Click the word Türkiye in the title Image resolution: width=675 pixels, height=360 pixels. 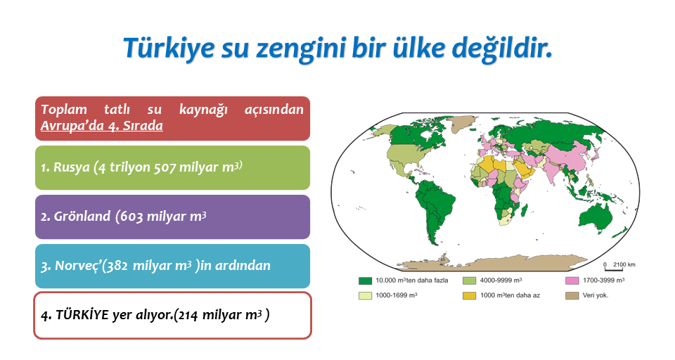click(169, 48)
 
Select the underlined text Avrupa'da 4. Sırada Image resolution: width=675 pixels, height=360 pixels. click(101, 126)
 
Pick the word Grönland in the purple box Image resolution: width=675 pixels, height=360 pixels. click(82, 216)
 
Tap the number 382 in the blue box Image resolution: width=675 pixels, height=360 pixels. click(117, 266)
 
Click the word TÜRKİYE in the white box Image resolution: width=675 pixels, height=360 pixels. click(82, 315)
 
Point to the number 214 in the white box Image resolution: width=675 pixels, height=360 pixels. click(188, 315)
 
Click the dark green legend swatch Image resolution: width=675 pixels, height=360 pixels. click(365, 281)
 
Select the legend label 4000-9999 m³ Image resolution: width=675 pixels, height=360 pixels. click(501, 281)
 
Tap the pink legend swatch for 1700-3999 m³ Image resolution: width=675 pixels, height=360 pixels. click(572, 281)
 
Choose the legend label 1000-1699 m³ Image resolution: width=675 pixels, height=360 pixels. click(396, 295)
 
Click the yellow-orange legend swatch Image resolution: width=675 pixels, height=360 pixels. click(469, 296)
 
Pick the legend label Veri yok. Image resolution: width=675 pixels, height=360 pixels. click(596, 295)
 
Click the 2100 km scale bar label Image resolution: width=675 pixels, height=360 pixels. click(624, 264)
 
